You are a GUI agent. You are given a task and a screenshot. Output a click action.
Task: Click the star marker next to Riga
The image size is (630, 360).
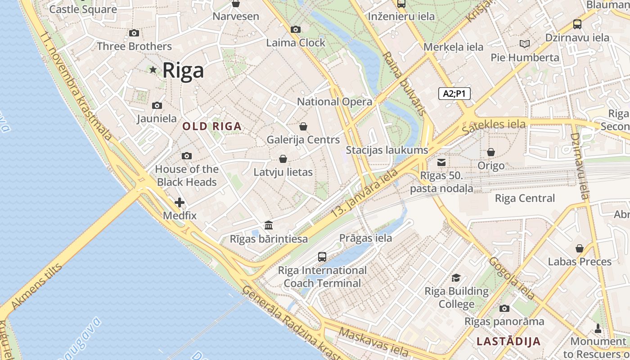[153, 70]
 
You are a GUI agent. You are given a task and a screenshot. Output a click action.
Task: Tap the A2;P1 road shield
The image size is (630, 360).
[454, 94]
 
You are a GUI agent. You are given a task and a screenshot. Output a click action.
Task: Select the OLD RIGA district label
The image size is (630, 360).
[212, 126]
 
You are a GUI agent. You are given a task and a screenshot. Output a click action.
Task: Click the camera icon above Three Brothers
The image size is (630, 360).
[134, 33]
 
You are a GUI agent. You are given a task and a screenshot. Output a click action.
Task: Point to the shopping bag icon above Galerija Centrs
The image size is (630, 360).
[303, 126]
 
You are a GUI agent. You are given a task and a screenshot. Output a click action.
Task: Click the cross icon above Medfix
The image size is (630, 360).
[180, 202]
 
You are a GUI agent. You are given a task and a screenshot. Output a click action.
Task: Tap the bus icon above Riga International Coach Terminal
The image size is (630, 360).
[322, 257]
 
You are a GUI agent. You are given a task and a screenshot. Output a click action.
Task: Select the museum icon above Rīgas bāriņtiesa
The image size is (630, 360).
[269, 225]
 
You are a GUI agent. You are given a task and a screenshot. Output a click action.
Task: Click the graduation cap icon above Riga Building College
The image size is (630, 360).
[456, 278]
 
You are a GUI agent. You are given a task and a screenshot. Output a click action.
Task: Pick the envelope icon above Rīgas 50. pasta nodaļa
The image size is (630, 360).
[441, 162]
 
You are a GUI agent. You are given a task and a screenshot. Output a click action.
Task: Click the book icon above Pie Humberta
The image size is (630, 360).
[525, 44]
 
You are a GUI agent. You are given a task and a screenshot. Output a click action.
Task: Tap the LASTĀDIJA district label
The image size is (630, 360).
[508, 341]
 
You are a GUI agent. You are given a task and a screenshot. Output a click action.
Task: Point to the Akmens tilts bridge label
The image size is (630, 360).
[36, 287]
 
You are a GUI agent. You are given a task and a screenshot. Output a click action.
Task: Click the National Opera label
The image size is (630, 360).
[335, 102]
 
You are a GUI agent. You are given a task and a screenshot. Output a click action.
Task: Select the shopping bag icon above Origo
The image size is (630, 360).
[491, 153]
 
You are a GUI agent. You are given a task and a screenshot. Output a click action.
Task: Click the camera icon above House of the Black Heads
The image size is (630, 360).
[187, 156]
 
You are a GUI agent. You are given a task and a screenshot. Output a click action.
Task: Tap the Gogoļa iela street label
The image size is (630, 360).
[512, 279]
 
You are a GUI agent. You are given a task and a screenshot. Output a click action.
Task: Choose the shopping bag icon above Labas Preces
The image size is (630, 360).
[580, 248]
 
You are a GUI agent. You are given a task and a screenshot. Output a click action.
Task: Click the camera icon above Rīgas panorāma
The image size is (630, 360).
[504, 308]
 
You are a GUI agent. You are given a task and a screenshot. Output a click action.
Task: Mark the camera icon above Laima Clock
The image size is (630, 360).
[296, 30]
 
